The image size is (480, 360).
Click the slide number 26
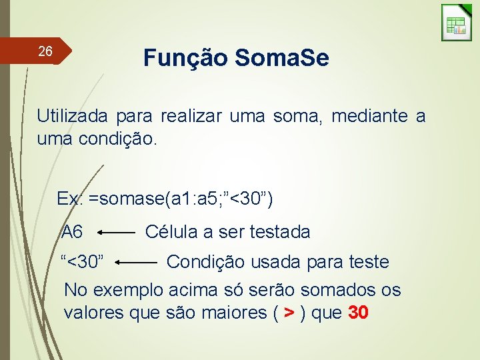[45, 51]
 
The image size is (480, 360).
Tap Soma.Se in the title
[281, 58]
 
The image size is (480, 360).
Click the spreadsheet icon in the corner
[456, 23]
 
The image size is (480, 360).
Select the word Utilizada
[72, 116]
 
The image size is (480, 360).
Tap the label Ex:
[69, 199]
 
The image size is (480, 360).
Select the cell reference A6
[72, 232]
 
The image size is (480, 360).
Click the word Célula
[171, 232]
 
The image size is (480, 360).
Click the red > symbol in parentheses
[289, 312]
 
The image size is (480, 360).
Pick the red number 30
[358, 312]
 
